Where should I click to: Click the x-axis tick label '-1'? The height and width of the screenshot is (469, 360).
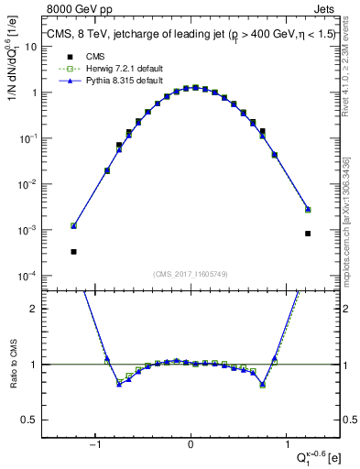(95, 444)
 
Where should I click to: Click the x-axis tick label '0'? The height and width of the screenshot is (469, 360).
(191, 444)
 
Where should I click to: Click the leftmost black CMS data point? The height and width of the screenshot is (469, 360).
(73, 251)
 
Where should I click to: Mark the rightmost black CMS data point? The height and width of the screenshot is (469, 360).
(308, 233)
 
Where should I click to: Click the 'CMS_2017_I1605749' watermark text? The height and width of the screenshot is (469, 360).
(191, 273)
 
